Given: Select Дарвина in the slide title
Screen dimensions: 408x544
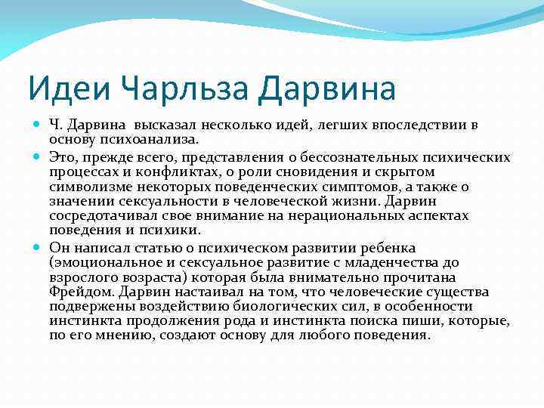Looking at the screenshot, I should pos(326,89).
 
